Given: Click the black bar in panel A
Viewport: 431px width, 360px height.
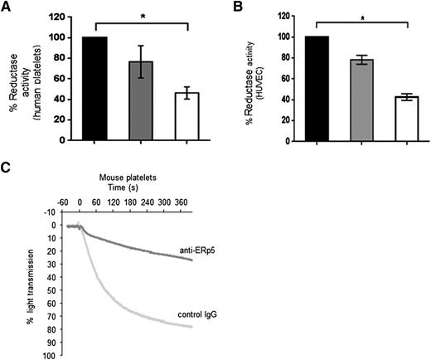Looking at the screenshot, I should [x=97, y=89].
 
